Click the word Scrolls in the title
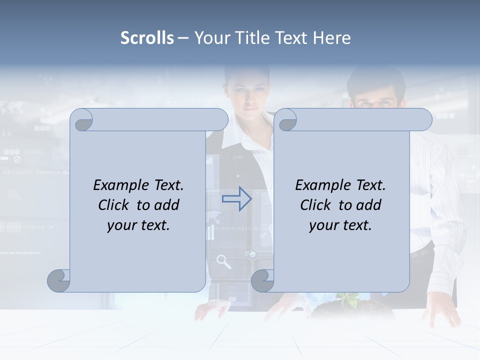[x=147, y=38]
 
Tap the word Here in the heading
[x=332, y=38]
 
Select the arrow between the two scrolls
[x=237, y=199]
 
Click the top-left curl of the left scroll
[x=81, y=120]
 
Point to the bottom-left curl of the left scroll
[x=58, y=280]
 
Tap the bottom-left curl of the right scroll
[x=262, y=280]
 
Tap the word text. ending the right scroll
[x=358, y=225]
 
